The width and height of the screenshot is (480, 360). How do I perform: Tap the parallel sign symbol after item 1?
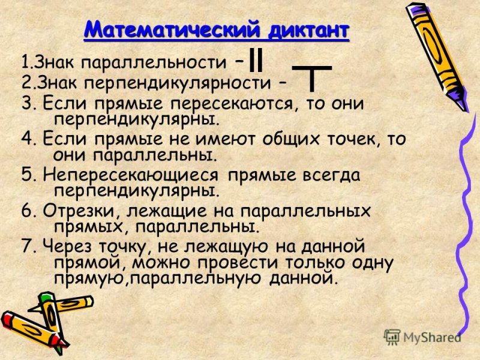[256, 59]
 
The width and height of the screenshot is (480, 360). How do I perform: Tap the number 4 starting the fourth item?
[25, 140]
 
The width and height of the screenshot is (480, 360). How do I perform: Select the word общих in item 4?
[290, 140]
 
